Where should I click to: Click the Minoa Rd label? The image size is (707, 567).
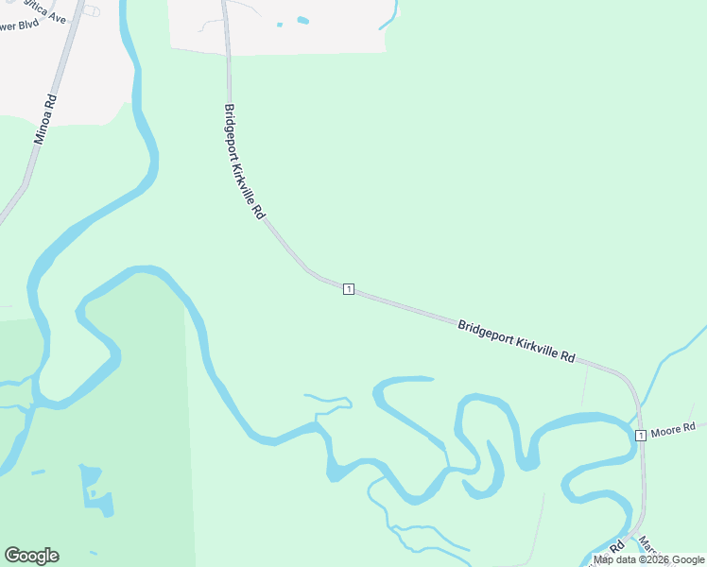44,119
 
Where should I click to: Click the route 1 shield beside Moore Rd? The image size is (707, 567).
641,435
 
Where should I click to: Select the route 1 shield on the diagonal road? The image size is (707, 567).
349,288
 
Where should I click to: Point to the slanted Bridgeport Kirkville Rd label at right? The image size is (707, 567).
516,341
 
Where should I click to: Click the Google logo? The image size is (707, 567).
31,556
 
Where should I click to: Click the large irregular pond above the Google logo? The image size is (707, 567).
95,490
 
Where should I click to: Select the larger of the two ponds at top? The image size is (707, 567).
302,20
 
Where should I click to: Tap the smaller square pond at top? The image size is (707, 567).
280,25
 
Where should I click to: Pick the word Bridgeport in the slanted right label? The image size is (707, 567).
486,333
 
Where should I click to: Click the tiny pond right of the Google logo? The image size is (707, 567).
93,553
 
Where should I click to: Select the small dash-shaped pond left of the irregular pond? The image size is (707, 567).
38,472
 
